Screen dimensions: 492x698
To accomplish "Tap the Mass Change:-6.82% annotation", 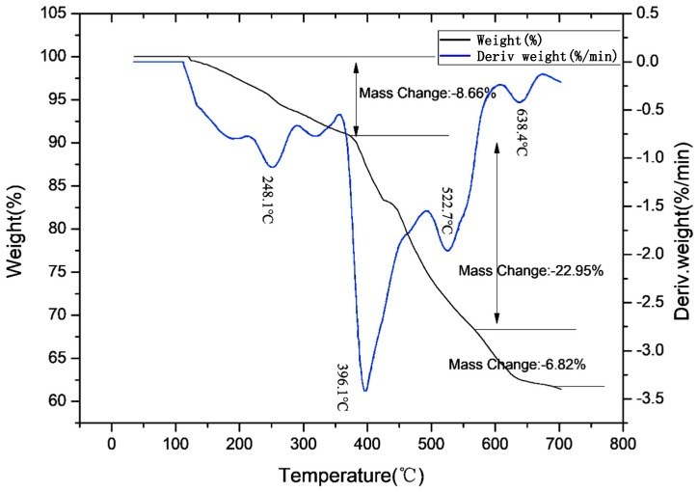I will point(517,365).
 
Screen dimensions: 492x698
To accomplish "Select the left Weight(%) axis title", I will point(16,229).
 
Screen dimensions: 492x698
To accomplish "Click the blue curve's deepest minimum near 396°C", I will point(365,391).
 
